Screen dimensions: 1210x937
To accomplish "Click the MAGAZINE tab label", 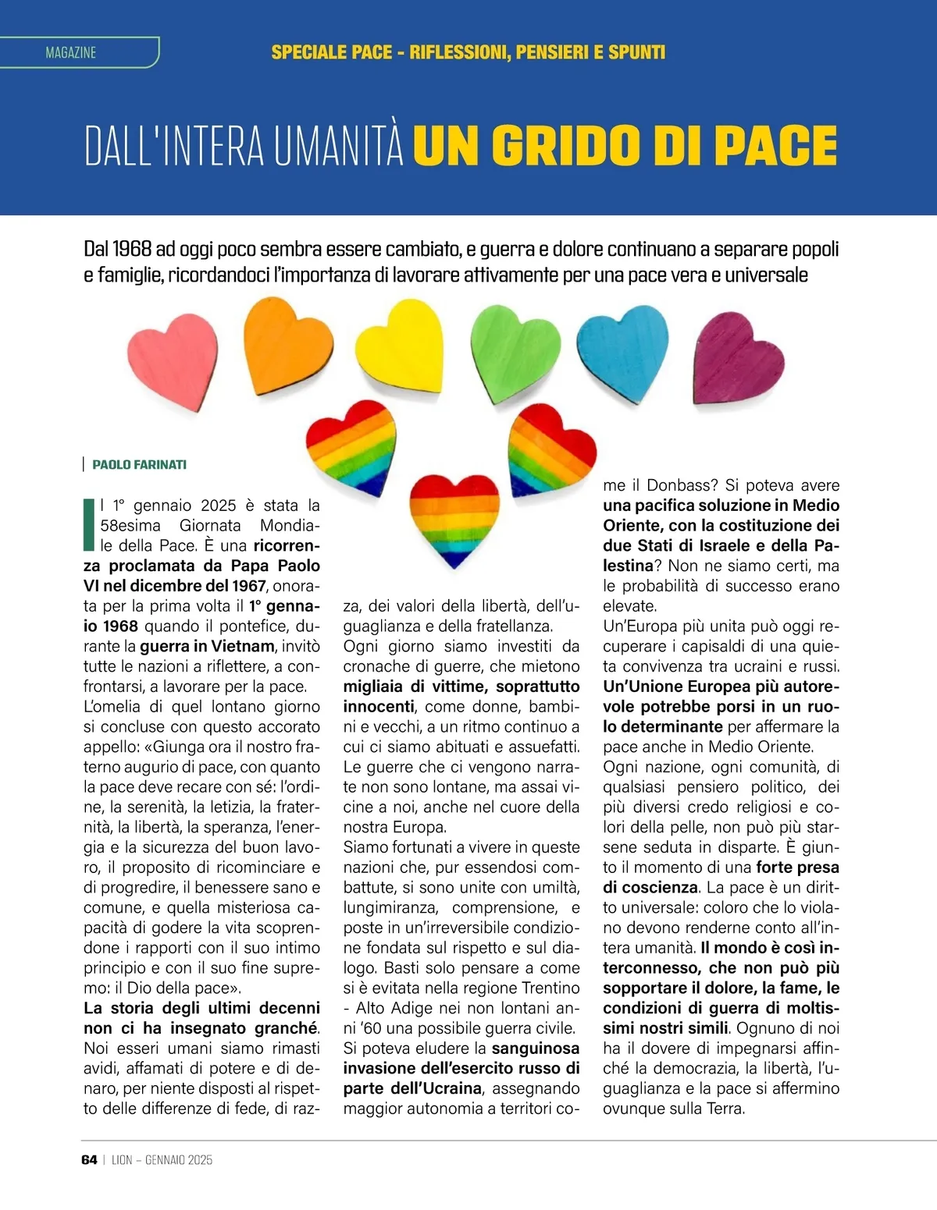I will [71, 53].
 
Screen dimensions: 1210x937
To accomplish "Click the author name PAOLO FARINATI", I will [139, 465].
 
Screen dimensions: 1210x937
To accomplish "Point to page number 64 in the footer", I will [89, 1160].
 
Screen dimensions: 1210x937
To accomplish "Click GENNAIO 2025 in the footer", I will [179, 1160].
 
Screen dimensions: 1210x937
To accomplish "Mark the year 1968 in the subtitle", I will [132, 250].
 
